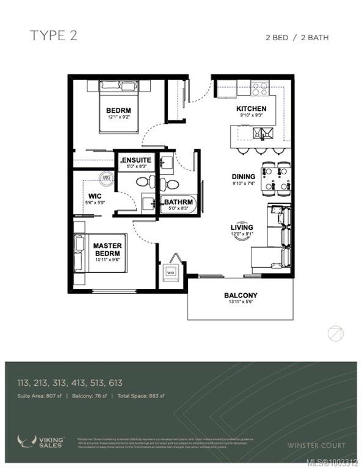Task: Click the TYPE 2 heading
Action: [x=54, y=36]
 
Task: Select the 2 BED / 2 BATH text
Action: [x=297, y=38]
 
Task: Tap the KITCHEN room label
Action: [x=252, y=109]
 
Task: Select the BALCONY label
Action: [x=240, y=296]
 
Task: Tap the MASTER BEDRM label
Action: [x=107, y=250]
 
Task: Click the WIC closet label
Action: [x=85, y=196]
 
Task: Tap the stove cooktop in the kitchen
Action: [x=259, y=89]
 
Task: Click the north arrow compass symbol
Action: [x=335, y=333]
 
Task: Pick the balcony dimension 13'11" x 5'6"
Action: [x=240, y=302]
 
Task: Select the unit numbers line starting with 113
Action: [x=70, y=383]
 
